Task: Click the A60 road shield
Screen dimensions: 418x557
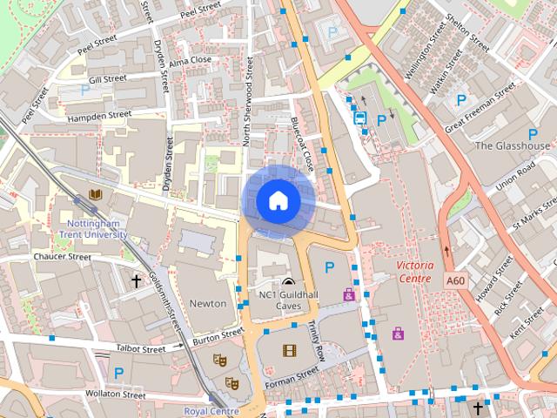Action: pyautogui.click(x=455, y=281)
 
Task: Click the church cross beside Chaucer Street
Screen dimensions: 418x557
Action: pyautogui.click(x=136, y=280)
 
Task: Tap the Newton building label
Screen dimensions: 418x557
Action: pyautogui.click(x=208, y=303)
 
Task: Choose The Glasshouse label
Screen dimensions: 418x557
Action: pyautogui.click(x=513, y=145)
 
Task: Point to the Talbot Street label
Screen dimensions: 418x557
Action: pyautogui.click(x=141, y=349)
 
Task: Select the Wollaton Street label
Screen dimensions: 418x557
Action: pyautogui.click(x=116, y=394)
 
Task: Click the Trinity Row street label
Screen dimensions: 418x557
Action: pyautogui.click(x=317, y=340)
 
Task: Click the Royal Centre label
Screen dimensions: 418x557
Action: pyautogui.click(x=211, y=411)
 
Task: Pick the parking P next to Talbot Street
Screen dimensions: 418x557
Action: pyautogui.click(x=118, y=373)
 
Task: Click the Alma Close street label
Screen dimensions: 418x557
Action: pyautogui.click(x=191, y=60)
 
